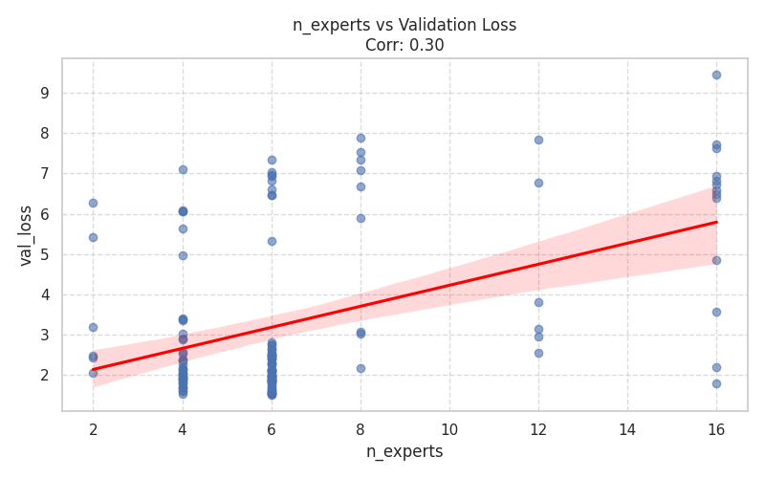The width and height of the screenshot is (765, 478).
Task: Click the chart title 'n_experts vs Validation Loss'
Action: (x=404, y=25)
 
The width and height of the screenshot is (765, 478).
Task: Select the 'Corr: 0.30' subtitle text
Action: (x=404, y=45)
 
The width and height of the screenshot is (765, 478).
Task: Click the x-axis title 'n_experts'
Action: (x=404, y=451)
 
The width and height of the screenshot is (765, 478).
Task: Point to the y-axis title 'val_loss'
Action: (x=26, y=235)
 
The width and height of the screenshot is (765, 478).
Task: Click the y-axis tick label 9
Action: (x=44, y=94)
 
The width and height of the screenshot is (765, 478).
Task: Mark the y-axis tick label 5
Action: (x=44, y=255)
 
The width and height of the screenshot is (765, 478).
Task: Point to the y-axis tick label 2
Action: (x=44, y=376)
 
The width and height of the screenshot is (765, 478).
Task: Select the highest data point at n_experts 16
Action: (x=716, y=75)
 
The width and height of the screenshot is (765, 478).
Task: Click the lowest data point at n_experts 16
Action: (x=716, y=383)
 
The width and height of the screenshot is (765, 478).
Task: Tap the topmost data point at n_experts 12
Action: (x=538, y=140)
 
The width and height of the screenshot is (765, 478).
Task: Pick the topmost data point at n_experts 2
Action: (x=93, y=203)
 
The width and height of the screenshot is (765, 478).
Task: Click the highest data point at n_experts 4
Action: (x=183, y=169)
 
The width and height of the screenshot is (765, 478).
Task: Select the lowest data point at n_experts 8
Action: (x=361, y=368)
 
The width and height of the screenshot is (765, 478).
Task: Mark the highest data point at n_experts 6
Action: (x=272, y=160)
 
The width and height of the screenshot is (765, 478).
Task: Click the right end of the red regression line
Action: (x=716, y=222)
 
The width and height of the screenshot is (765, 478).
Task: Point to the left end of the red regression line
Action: (x=93, y=369)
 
